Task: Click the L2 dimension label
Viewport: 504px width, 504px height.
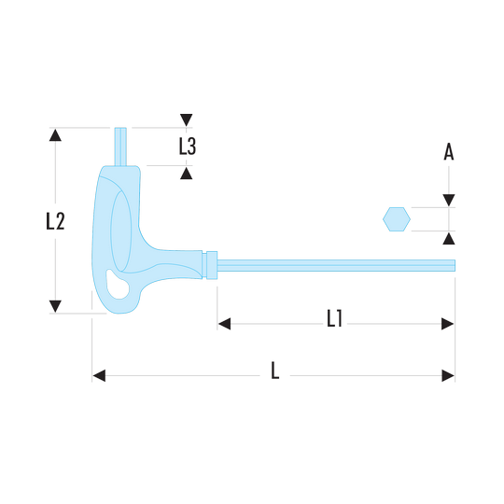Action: [x=55, y=221]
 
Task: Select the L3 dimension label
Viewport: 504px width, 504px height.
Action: [x=188, y=147]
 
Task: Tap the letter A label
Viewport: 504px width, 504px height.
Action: [x=449, y=151]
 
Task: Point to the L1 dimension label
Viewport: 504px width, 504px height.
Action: [x=335, y=318]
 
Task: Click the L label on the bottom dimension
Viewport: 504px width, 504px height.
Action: [x=274, y=371]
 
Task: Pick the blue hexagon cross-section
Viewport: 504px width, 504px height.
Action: [x=397, y=219]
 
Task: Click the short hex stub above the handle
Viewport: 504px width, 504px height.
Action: [x=120, y=147]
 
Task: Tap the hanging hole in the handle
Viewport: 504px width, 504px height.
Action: [x=118, y=285]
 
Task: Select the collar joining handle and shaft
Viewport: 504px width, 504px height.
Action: [x=212, y=265]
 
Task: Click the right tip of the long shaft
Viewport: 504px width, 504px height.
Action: [x=455, y=265]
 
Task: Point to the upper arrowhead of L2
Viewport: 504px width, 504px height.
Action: [x=55, y=135]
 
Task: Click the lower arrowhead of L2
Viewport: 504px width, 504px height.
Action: [x=55, y=306]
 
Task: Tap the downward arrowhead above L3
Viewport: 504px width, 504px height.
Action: [x=186, y=119]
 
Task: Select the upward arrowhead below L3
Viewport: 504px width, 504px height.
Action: [x=186, y=174]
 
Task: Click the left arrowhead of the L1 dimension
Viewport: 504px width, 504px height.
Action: [x=224, y=324]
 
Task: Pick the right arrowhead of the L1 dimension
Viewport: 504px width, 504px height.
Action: [x=448, y=324]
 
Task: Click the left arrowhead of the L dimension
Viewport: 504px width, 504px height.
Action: [x=99, y=376]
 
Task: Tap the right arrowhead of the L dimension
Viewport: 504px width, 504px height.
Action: [x=448, y=376]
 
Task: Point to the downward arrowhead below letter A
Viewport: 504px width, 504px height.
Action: [x=449, y=201]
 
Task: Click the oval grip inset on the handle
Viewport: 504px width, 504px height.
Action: [x=120, y=231]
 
